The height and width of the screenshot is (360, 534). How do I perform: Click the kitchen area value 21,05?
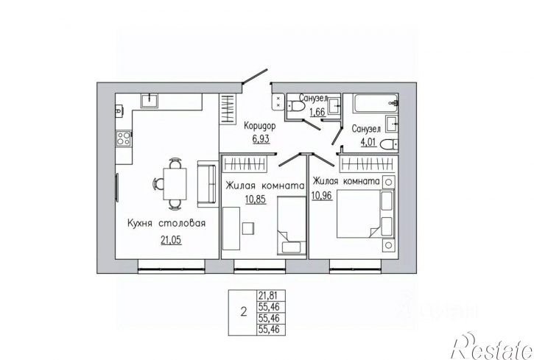point(171,240)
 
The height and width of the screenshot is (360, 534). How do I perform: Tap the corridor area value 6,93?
point(261,138)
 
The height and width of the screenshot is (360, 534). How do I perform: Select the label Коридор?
point(260,126)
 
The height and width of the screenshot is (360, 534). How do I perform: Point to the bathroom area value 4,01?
point(368,141)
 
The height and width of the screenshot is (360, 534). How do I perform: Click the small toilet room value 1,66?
point(317,111)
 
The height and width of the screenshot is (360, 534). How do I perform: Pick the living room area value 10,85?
point(256,199)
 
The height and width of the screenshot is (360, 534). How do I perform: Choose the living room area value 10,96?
point(322,195)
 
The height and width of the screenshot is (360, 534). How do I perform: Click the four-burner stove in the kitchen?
point(124,138)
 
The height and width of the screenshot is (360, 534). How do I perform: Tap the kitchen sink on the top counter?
point(150,101)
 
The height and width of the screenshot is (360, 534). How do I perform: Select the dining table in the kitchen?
point(175,184)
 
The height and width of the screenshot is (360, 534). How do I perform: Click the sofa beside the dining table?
point(207,184)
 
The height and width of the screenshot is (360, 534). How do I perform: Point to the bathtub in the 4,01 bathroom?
point(376,104)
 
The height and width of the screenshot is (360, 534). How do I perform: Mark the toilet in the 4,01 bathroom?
point(389,144)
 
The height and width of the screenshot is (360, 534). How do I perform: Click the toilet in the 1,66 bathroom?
point(295,106)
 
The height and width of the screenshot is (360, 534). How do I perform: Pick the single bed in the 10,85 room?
point(292,225)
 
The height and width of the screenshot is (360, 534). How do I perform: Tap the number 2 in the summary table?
point(243,311)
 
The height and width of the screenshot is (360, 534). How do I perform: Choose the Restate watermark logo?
point(493,346)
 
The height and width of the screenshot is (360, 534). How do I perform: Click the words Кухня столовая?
point(166,224)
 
